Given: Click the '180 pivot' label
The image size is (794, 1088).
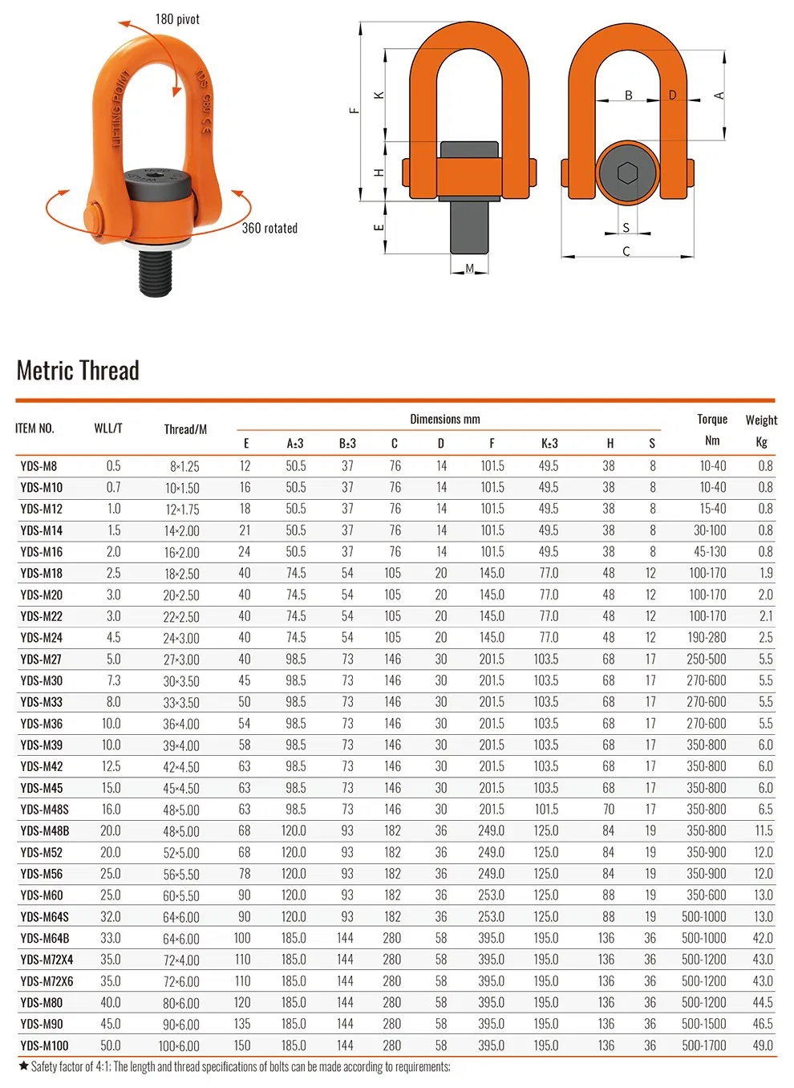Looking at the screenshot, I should pos(177,19).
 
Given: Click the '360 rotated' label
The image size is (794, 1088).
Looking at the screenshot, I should pos(269,229).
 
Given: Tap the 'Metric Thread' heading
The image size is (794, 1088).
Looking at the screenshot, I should pos(78,371).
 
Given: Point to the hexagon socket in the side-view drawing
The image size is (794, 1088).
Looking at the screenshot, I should pos(627,173).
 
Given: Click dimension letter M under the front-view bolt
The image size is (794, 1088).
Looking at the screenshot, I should pos(469,269).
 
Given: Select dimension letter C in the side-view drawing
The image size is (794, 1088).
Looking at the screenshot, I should pos(626,251).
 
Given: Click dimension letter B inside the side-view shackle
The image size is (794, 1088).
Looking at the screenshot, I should pos(628,95).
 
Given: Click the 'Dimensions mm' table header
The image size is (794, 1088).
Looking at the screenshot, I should pos(445,419).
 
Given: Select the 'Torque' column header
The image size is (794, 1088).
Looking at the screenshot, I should pos(711,419).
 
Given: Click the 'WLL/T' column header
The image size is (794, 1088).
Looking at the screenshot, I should pos(108,428).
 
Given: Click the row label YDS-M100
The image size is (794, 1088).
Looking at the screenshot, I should pos(45,1046).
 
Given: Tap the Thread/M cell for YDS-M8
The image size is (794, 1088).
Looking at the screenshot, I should pos(184,466).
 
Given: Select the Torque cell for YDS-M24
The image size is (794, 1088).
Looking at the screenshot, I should pos(707,638).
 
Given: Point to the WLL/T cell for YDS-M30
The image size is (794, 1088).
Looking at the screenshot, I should pos(114,681).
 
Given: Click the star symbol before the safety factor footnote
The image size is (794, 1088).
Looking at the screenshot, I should pos(23,1066).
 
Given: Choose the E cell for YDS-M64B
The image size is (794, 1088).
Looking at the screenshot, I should pos(242,939).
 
